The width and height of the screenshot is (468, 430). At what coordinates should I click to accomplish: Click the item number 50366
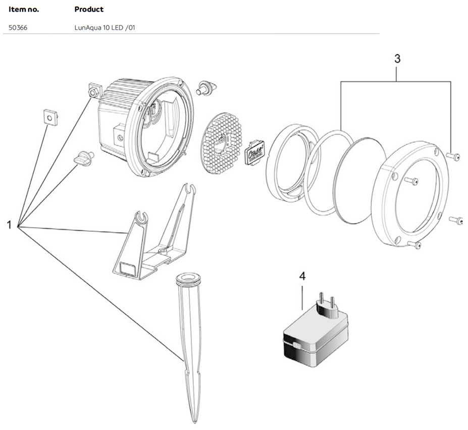[18, 28]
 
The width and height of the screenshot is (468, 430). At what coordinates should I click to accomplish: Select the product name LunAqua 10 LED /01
[105, 28]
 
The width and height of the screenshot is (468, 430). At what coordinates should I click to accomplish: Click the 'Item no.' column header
[24, 9]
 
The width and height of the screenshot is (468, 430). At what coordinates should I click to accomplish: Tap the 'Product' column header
[89, 9]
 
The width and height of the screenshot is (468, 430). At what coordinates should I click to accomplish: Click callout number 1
[9, 225]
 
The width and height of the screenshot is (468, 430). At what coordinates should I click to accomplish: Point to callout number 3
[397, 59]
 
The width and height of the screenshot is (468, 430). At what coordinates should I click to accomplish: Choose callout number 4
[302, 277]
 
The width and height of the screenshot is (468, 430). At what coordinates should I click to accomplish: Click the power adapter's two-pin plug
[327, 304]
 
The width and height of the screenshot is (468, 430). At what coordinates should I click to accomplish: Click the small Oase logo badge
[255, 152]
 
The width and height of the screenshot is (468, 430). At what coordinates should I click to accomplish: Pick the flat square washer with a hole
[50, 118]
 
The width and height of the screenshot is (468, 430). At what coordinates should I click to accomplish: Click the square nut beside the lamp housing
[95, 92]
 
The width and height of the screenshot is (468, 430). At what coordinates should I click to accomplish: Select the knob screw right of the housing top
[206, 87]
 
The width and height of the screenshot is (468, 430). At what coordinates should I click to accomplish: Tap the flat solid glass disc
[360, 181]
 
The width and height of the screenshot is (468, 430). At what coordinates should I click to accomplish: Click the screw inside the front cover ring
[411, 181]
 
